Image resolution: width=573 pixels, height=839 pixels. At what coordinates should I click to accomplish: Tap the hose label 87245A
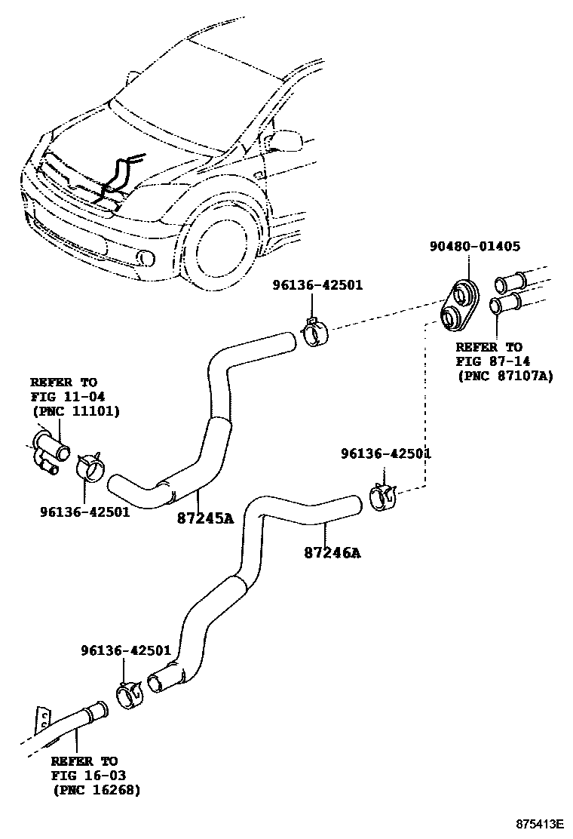(x=206, y=518)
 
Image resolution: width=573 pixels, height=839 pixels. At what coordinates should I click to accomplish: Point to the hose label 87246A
(x=332, y=553)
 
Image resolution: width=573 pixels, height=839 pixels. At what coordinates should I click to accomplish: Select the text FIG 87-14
(x=489, y=361)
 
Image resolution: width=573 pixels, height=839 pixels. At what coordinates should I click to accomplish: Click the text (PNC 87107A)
(x=504, y=376)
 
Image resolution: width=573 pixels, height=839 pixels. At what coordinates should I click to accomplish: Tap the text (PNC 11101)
(x=75, y=411)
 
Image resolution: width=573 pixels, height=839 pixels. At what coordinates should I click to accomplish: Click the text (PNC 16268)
(x=96, y=789)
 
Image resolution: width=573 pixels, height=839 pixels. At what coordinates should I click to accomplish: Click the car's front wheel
(x=221, y=247)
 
